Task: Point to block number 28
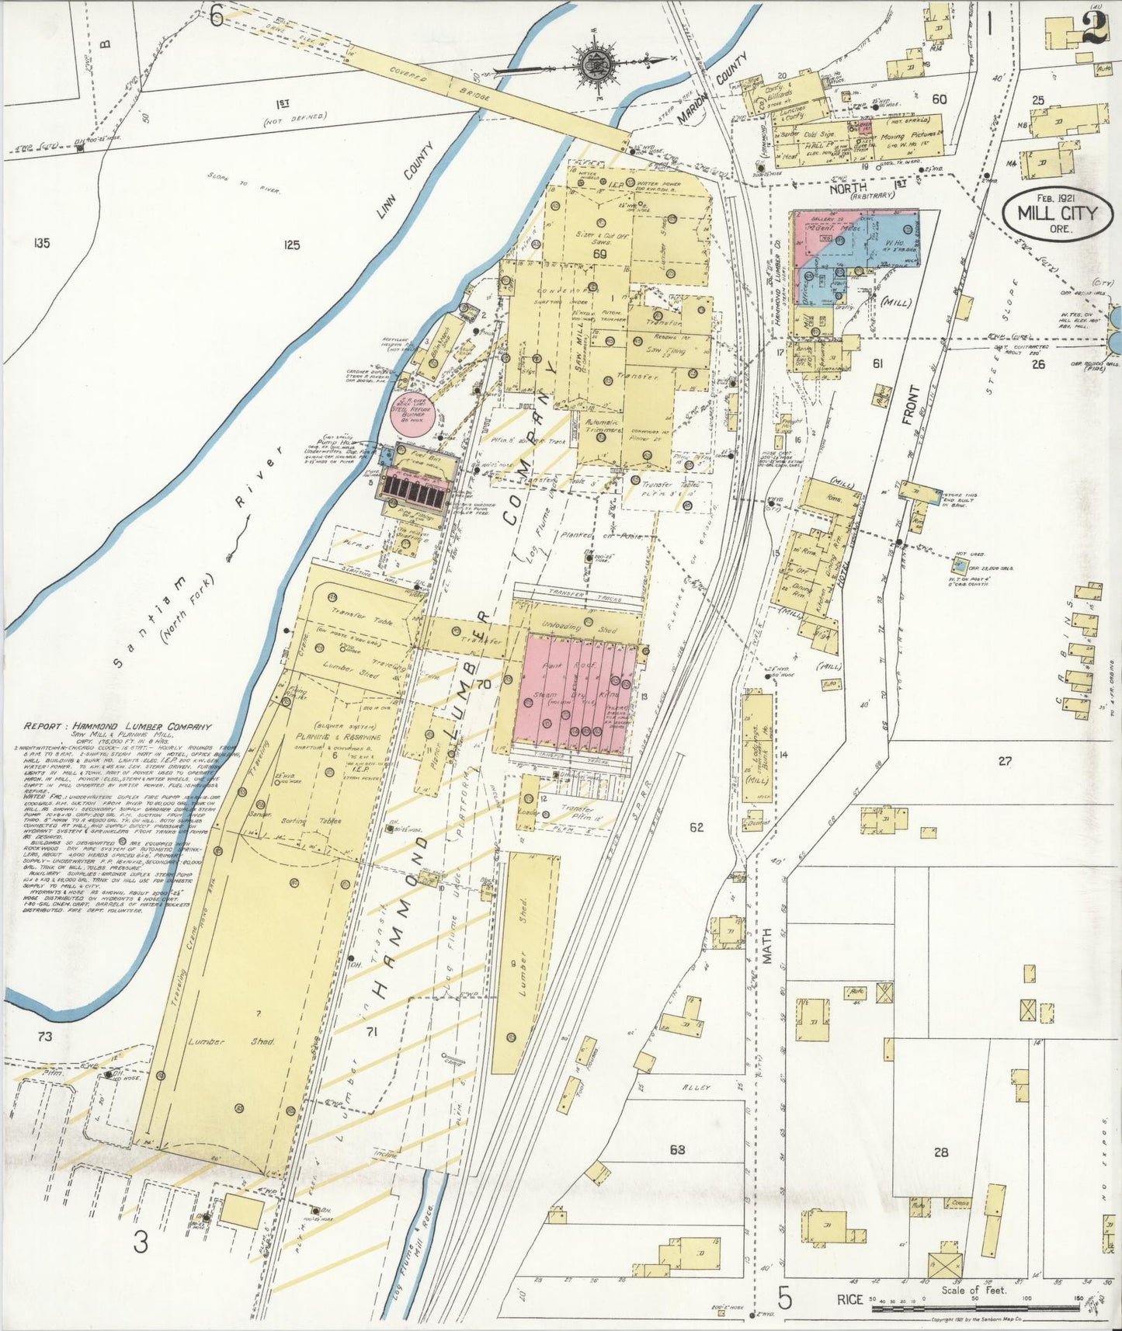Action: click(940, 1152)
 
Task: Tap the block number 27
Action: click(1005, 761)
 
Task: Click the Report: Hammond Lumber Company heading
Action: click(117, 727)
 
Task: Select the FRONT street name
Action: click(910, 405)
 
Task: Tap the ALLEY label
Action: click(696, 1088)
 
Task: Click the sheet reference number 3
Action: click(140, 1243)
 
